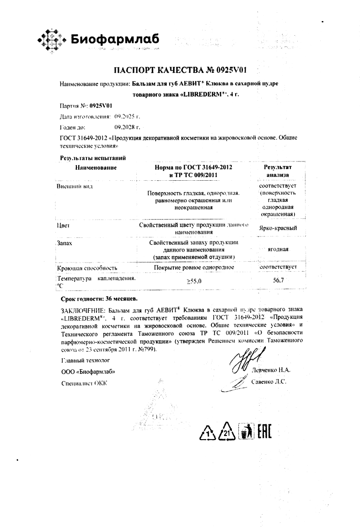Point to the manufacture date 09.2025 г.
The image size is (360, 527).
120,116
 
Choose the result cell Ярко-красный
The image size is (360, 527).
278,228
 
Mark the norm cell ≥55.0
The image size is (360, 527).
193,282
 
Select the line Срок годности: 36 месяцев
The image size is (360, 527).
99,298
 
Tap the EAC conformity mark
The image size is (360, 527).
263,431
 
